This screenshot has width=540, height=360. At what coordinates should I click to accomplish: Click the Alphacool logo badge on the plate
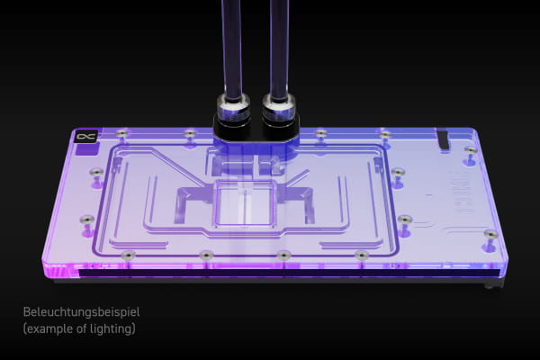coord(85,137)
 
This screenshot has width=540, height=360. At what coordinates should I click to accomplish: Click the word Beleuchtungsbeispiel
coord(81,312)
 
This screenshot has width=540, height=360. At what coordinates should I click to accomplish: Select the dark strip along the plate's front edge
coord(270,274)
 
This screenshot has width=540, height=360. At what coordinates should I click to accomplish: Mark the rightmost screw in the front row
coord(362,256)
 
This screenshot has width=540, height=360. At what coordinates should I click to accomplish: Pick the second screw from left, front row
coord(205,256)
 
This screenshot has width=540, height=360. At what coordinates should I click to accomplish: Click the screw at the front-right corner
coord(490,235)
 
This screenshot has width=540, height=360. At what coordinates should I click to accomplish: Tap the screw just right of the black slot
coord(470,150)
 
